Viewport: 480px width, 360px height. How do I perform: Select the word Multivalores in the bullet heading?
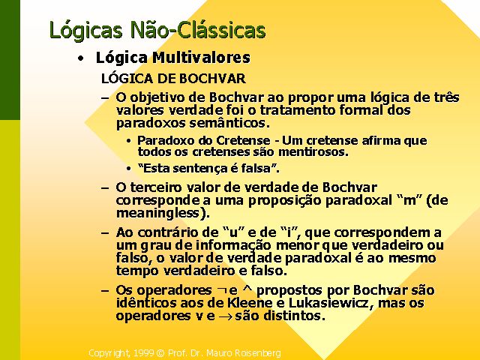point(201,58)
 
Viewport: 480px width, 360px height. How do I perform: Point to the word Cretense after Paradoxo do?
point(243,140)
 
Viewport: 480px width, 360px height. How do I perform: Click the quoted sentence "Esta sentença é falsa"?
point(208,169)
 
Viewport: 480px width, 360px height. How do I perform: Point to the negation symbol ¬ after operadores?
point(221,290)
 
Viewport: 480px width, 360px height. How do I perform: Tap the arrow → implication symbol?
point(225,316)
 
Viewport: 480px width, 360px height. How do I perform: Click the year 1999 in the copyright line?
point(143,353)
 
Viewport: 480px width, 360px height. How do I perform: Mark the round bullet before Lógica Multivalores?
point(80,58)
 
